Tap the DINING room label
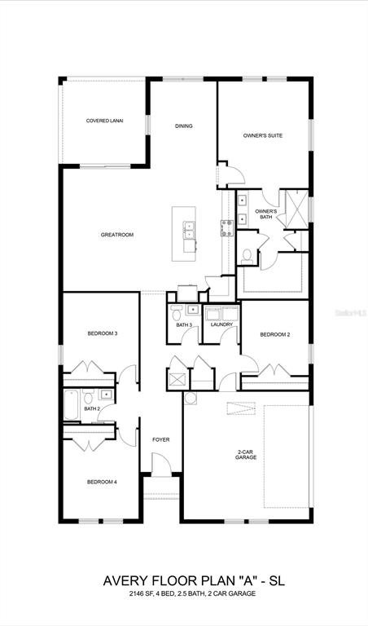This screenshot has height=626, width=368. click(184, 126)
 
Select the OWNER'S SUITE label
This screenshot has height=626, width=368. click(263, 135)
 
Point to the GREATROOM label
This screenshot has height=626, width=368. click(117, 235)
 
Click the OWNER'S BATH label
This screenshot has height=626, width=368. click(265, 214)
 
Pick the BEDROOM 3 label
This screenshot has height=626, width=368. click(103, 333)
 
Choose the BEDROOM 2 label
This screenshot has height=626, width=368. click(275, 334)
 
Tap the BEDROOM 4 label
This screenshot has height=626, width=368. click(102, 482)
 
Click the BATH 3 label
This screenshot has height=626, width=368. click(184, 325)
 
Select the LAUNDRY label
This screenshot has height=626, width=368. click(221, 324)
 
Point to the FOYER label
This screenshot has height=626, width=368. click(160, 440)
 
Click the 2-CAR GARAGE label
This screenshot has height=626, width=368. click(246, 455)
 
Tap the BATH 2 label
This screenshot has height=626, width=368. click(91, 408)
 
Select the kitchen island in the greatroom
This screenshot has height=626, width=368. click(184, 234)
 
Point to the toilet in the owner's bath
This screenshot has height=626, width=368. click(246, 255)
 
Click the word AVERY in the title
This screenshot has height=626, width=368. click(125, 581)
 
